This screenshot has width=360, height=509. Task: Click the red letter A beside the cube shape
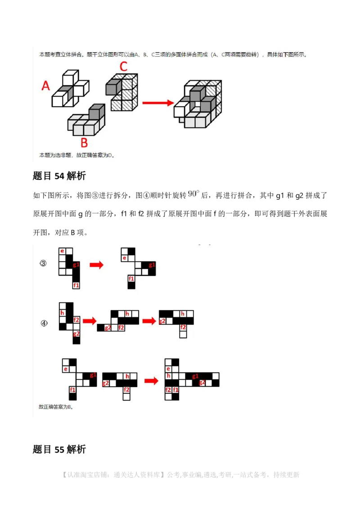click(x=45, y=85)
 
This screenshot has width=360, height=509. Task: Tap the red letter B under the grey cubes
click(x=84, y=143)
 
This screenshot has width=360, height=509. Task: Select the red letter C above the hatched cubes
click(x=123, y=67)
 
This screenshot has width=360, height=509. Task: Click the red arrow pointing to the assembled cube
click(x=158, y=103)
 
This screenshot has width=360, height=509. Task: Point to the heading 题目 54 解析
click(x=59, y=176)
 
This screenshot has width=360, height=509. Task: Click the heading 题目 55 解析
click(x=59, y=449)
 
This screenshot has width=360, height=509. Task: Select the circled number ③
click(x=43, y=264)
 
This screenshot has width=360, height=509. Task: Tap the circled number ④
click(x=43, y=323)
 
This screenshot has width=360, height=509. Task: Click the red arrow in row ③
click(x=96, y=265)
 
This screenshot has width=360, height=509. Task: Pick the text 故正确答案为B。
click(x=56, y=407)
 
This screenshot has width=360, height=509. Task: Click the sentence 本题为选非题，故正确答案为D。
click(x=77, y=155)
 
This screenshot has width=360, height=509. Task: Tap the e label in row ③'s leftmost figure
click(x=62, y=251)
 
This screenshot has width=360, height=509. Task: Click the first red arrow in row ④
click(x=90, y=321)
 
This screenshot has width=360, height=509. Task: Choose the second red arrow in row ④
click(x=149, y=321)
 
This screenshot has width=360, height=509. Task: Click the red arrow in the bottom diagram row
click(x=151, y=381)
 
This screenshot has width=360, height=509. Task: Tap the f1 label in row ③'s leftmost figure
click(x=76, y=285)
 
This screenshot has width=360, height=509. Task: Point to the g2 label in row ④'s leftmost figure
click(x=76, y=334)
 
